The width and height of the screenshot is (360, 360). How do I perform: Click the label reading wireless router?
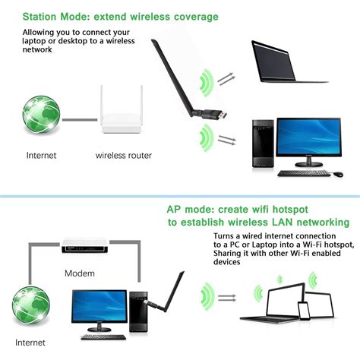click(x=123, y=155)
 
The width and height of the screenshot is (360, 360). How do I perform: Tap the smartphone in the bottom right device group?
click(x=303, y=311)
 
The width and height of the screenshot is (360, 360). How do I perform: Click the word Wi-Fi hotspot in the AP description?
click(x=320, y=245)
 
